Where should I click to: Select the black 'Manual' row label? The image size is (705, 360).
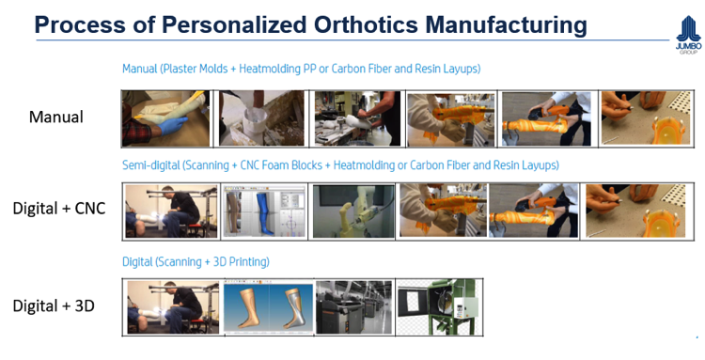(x=56, y=117)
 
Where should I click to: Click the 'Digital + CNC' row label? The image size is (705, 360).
(x=58, y=206)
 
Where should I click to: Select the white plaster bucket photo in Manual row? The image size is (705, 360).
(x=262, y=118)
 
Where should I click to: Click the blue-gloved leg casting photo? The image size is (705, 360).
(x=167, y=118)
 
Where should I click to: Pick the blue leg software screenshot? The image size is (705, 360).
(x=262, y=211)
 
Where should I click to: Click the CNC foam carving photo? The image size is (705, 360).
(x=353, y=211)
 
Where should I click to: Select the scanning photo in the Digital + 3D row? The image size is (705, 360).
(x=172, y=308)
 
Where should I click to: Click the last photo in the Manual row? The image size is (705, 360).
(x=639, y=118)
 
